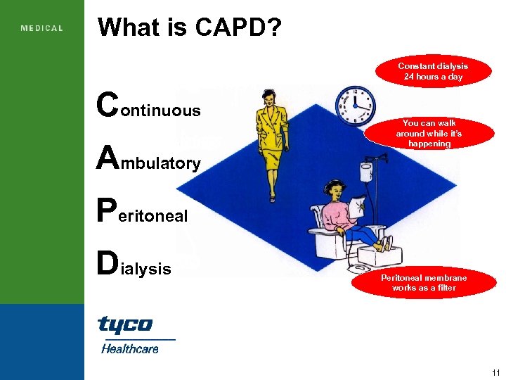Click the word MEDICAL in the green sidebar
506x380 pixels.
(42, 29)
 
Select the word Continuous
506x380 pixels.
(149, 106)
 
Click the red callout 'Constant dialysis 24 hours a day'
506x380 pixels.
(432, 72)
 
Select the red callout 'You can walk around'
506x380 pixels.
(429, 133)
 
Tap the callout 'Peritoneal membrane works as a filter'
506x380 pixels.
(424, 283)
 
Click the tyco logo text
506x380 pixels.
(124, 324)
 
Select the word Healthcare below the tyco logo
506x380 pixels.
(130, 348)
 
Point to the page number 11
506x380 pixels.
(496, 372)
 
